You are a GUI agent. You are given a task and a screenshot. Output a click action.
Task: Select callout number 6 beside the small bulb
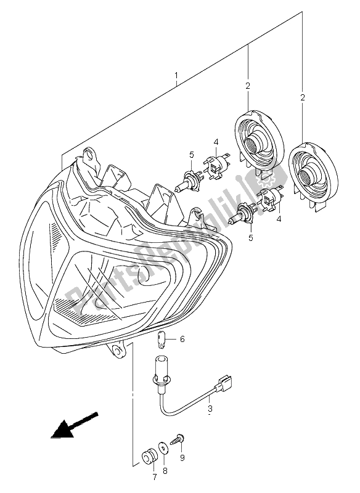click(x=182, y=340)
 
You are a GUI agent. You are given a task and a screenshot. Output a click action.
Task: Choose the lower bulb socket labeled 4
click(x=269, y=198)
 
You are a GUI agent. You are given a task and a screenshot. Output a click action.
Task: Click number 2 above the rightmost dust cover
click(x=302, y=97)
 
